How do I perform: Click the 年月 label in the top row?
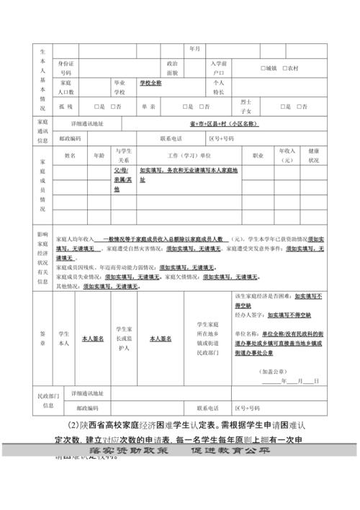coord(194,49)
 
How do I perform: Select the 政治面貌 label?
coord(172,68)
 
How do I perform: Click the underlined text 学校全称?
coord(150,83)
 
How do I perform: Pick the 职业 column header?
coord(257,155)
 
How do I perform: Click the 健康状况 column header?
coord(313,156)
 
